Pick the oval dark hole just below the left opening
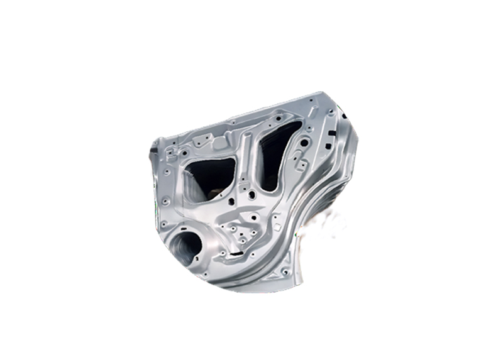[231, 202]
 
